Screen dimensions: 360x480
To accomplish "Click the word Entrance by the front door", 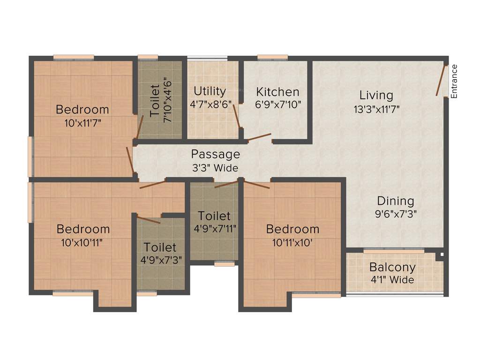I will click(454, 81).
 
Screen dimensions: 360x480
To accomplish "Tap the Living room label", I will click(376, 95).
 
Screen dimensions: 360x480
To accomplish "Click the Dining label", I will click(396, 201).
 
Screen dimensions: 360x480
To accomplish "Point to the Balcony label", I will click(392, 268).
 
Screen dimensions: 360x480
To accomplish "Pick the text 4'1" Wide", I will click(392, 280).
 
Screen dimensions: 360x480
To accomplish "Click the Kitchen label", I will click(277, 92).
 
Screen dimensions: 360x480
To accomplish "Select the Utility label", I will click(210, 91).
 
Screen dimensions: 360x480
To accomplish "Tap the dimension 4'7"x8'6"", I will click(210, 104).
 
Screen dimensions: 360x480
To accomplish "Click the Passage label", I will click(215, 154).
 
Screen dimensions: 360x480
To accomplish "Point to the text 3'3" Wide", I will click(215, 168).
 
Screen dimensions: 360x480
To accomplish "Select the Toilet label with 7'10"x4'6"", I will click(155, 100).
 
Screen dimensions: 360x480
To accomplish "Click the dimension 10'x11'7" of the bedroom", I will click(82, 123).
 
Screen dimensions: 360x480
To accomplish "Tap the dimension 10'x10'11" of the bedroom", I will click(82, 242).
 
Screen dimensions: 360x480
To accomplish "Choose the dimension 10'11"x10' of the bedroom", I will click(292, 242).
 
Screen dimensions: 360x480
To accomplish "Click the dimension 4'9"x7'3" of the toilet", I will click(160, 259).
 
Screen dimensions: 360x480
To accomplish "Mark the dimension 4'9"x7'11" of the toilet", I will click(214, 229).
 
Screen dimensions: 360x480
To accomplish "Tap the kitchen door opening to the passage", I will click(259, 137).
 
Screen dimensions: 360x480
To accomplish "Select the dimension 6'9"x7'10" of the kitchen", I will click(277, 105).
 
